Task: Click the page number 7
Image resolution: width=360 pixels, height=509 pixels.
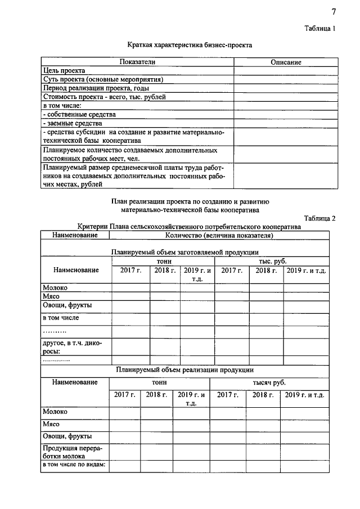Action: click(333, 12)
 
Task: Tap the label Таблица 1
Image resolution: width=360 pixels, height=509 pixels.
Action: click(319, 28)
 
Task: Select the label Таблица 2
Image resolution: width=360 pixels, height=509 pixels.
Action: click(319, 218)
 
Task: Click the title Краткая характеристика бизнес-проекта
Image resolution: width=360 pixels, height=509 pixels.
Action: click(190, 44)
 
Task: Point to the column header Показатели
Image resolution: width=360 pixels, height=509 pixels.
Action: click(137, 62)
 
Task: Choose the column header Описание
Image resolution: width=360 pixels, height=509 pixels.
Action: click(286, 62)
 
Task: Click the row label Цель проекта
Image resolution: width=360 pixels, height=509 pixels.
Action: click(64, 70)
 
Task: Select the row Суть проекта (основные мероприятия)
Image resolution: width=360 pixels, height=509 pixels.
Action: click(103, 79)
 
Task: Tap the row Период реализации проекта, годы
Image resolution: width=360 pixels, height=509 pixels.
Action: click(96, 88)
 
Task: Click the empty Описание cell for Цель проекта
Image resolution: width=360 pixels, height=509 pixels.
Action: click(286, 70)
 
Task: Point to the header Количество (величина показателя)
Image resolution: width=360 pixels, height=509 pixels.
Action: click(219, 235)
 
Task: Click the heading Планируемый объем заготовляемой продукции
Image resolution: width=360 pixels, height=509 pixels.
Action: click(185, 252)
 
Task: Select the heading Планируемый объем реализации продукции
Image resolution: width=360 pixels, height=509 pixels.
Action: click(185, 370)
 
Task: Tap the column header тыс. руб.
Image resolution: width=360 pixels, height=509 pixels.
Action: click(272, 262)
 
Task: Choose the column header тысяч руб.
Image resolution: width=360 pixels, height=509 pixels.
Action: click(272, 382)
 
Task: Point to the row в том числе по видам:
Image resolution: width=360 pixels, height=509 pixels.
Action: click(75, 465)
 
